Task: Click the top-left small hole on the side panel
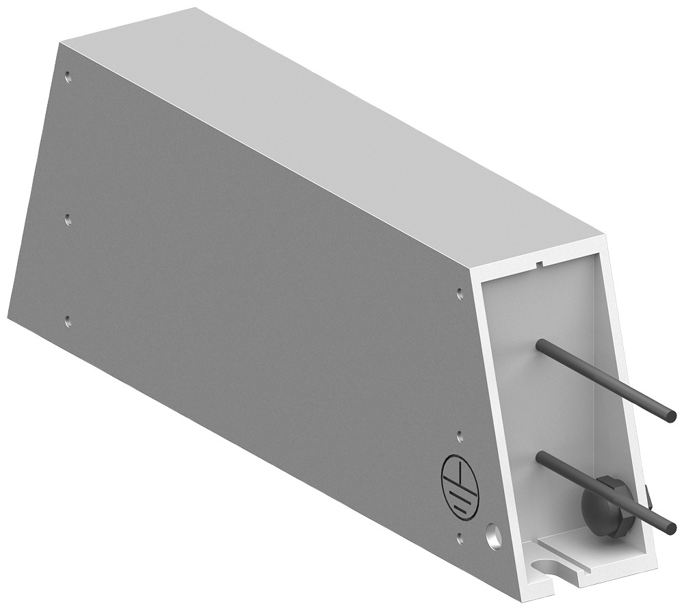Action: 67,77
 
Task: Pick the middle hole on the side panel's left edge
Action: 67,219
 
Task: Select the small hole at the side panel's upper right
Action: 459,293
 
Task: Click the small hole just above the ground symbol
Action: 460,434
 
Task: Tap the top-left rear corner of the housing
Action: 60,42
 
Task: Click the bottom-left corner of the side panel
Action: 8,317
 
